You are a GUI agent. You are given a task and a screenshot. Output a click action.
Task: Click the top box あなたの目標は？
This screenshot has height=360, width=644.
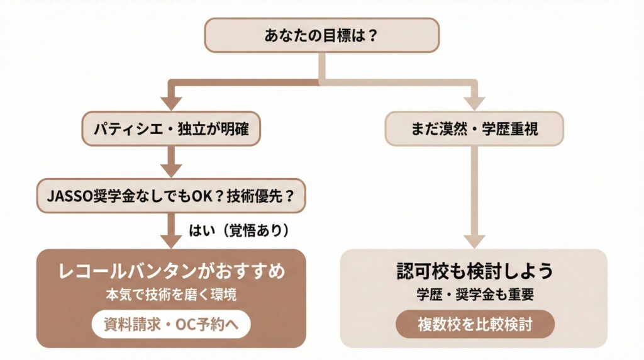tap(321, 35)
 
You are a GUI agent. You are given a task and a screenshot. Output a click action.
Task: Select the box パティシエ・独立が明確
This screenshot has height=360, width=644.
tap(170, 129)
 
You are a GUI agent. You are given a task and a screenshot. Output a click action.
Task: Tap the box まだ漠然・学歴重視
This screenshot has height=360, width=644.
tap(474, 129)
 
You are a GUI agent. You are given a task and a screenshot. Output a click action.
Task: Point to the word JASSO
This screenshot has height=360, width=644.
tap(69, 195)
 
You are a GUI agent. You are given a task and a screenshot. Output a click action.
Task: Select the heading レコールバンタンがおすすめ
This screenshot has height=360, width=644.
tap(171, 271)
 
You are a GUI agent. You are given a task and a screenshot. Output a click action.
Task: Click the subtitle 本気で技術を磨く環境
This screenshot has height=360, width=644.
tap(171, 295)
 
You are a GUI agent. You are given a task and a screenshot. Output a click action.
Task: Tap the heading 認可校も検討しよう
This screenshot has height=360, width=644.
tap(475, 271)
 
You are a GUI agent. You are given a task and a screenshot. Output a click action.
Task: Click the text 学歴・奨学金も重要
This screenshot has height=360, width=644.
tap(475, 295)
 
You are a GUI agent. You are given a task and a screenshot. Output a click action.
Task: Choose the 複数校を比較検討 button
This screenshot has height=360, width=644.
tap(475, 325)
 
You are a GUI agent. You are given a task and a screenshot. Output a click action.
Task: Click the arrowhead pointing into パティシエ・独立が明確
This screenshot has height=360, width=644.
tap(170, 103)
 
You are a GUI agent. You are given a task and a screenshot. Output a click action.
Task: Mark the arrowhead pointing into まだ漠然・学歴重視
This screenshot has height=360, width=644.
tap(474, 103)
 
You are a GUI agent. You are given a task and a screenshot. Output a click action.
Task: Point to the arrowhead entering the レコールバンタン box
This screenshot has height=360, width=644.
tap(170, 240)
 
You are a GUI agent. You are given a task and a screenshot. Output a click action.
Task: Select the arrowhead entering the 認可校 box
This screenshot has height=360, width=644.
tap(474, 240)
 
